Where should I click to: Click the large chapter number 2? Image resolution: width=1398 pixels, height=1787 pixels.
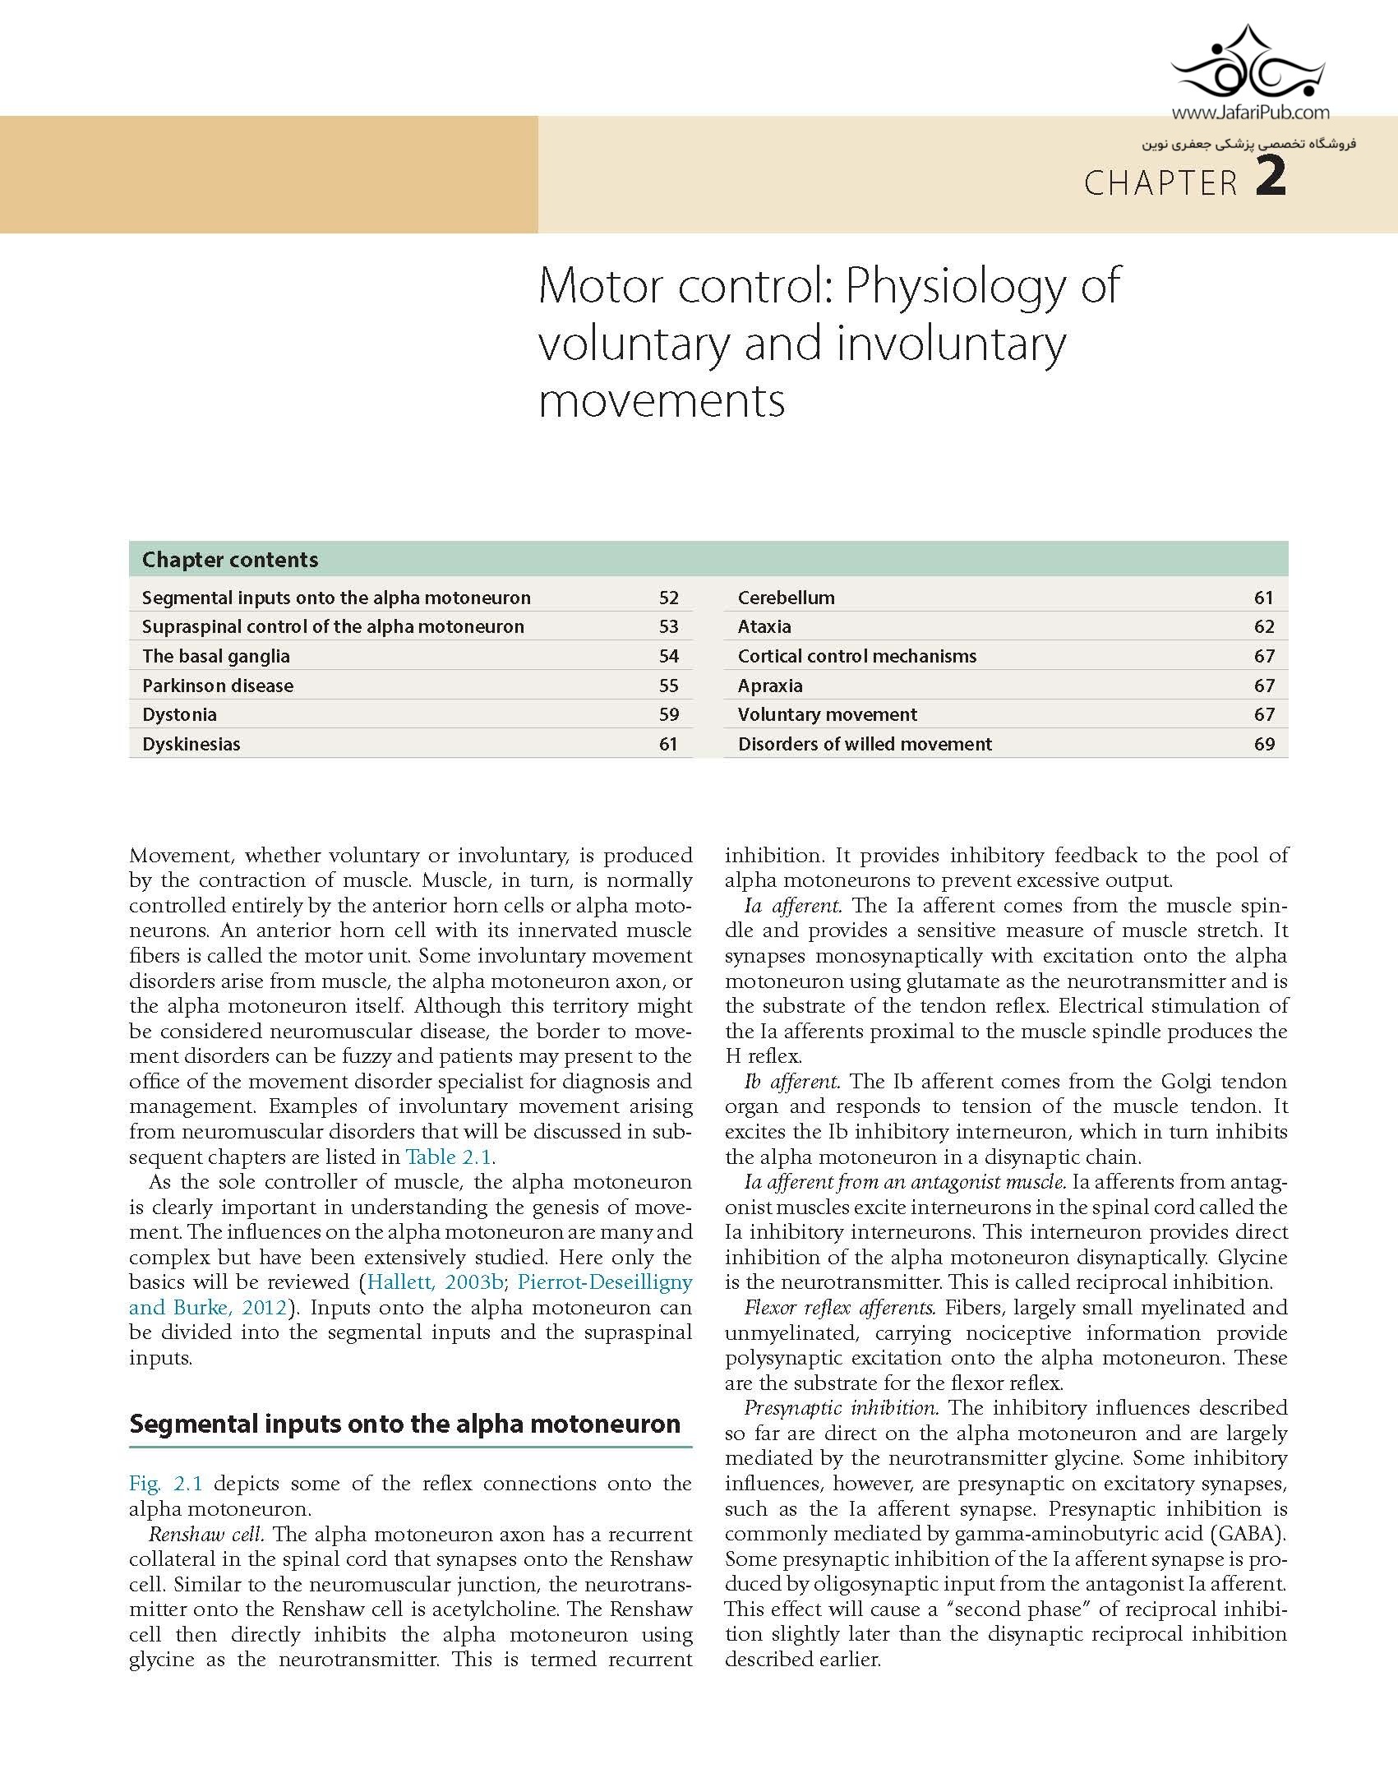click(x=1270, y=178)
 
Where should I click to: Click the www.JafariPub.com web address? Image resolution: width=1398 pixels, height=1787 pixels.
click(x=1249, y=114)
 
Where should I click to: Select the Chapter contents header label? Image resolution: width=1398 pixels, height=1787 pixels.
click(x=229, y=560)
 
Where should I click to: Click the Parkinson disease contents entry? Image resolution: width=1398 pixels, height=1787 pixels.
click(x=217, y=686)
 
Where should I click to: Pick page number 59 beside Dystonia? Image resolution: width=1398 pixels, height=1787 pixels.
click(x=668, y=714)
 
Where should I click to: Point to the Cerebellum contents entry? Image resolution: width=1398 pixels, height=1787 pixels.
click(x=786, y=598)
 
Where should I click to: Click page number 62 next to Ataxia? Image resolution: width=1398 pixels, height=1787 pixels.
click(x=1263, y=626)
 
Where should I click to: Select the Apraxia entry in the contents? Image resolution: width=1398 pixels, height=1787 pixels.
click(x=770, y=686)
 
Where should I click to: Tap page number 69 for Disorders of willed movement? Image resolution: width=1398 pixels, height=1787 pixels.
click(x=1263, y=744)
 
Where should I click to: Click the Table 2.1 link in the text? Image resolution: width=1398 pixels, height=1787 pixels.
click(x=449, y=1157)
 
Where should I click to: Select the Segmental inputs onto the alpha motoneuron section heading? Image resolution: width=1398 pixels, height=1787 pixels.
click(x=404, y=1425)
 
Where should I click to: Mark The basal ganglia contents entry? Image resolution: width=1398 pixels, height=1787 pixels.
click(x=215, y=656)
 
